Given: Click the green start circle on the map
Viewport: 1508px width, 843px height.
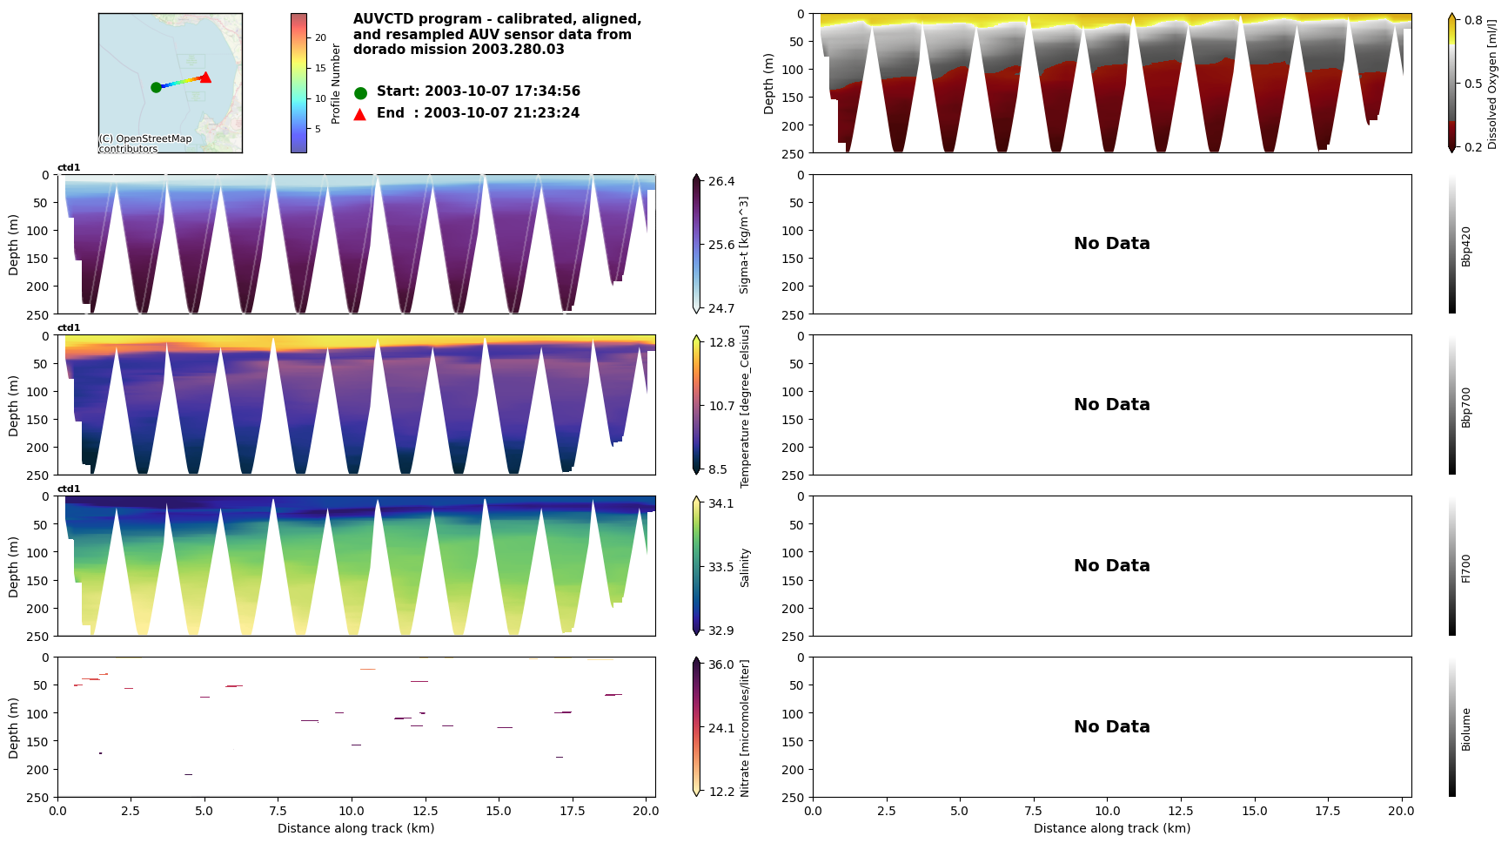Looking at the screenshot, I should coord(156,87).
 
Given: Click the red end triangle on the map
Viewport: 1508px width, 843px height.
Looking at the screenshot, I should coord(205,78).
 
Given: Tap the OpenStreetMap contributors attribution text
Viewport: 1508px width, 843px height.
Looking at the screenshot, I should coord(144,144).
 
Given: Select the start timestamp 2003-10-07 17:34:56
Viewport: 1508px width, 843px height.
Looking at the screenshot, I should coord(501,91).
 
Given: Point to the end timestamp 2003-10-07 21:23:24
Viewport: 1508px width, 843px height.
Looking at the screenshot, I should coord(501,113).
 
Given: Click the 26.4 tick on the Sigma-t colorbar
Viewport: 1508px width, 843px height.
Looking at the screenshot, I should coord(721,181).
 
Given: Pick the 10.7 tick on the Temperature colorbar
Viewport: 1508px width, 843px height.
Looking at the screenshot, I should coord(721,406).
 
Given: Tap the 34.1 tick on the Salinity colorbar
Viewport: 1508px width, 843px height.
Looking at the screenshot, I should coord(721,503).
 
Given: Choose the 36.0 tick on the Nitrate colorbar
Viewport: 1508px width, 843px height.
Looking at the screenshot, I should coord(721,664).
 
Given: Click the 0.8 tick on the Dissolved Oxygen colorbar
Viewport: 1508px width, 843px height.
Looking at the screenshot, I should coord(1473,20).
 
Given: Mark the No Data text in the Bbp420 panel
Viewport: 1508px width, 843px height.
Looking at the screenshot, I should coord(1111,244).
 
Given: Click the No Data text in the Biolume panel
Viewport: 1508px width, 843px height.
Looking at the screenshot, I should coord(1111,727).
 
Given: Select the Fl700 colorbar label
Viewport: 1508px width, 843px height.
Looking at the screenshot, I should coord(1466,568).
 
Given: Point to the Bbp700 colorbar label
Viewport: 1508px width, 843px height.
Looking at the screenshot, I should coord(1466,407).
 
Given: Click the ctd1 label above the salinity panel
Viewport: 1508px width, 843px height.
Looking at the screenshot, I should coord(69,489).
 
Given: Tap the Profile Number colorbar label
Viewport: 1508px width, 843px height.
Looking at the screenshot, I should coord(336,84).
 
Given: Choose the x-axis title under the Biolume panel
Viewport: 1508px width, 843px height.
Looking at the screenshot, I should coord(1111,828).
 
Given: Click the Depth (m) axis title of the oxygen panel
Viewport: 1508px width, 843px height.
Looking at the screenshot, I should coord(768,84).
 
